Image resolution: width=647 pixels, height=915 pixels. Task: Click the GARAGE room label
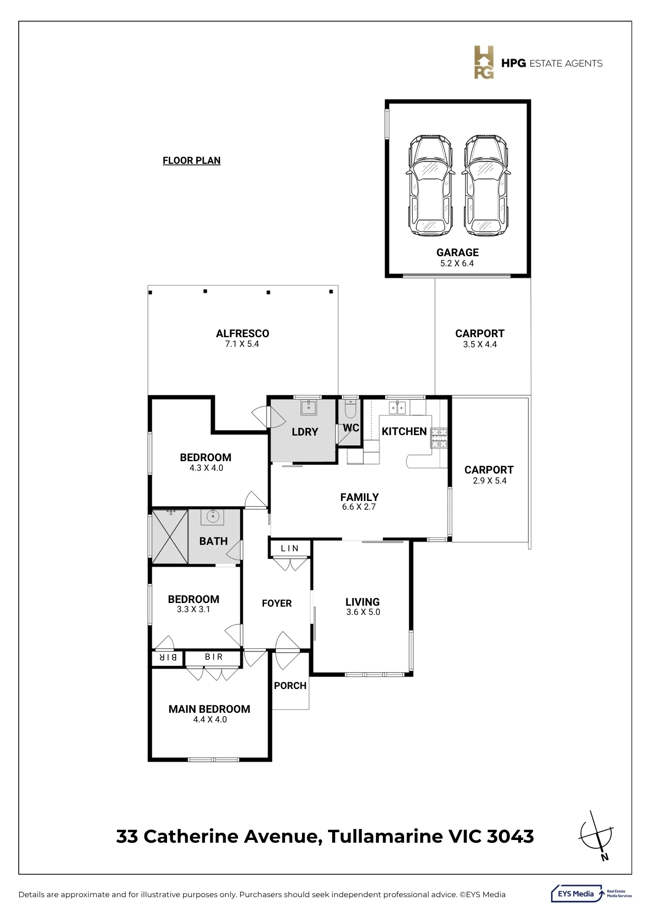458,253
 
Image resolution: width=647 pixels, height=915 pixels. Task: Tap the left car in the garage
430,185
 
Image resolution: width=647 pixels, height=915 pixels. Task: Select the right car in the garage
485,185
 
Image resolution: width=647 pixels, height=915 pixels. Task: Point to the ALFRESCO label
243,334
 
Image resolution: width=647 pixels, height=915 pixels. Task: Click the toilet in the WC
350,409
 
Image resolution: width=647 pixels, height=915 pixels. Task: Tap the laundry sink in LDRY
309,407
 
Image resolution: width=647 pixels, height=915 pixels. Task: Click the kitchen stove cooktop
439,438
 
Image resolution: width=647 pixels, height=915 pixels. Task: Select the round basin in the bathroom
212,517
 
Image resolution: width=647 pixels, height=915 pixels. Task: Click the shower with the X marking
170,536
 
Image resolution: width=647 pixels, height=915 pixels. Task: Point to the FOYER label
277,603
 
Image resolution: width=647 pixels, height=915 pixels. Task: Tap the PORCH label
290,686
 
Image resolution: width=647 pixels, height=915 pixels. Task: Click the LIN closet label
290,548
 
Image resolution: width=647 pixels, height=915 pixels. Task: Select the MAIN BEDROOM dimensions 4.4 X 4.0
210,720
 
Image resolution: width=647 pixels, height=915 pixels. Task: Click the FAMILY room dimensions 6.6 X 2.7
359,507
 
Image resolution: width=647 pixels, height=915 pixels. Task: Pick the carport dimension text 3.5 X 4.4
480,344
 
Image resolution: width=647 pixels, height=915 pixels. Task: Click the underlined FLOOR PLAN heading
192,161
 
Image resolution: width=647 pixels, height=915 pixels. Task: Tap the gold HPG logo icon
484,62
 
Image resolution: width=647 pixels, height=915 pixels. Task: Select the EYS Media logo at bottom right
591,894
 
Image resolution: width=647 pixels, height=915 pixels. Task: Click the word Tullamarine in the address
385,836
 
